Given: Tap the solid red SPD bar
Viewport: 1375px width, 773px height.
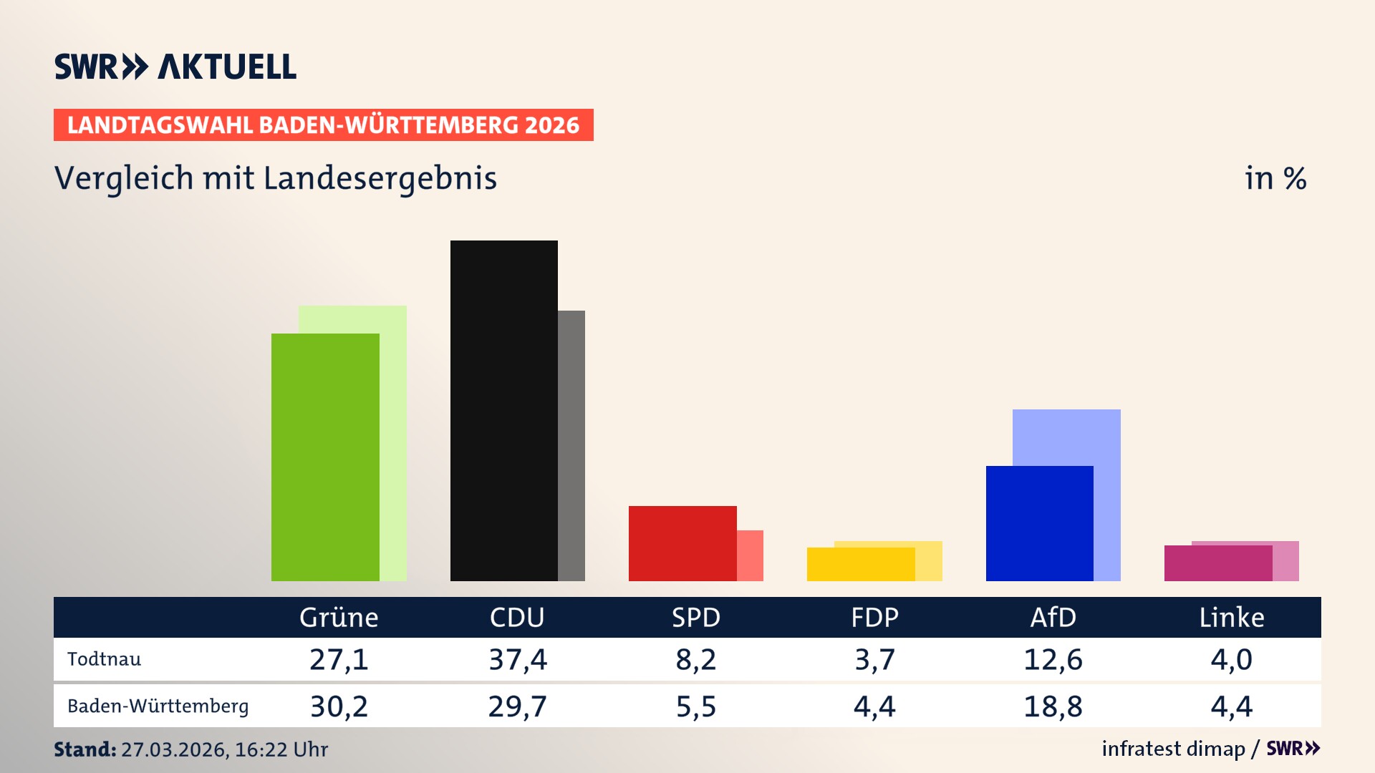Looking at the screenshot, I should (682, 543).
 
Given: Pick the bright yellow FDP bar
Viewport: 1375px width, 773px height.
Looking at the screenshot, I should (860, 564).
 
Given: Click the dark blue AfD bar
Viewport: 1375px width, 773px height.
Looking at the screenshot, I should (1039, 523).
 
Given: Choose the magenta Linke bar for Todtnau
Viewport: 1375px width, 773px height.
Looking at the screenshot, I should (1217, 563).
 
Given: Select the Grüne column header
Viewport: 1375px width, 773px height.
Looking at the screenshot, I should (339, 617).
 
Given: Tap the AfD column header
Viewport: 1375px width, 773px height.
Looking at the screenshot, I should (1053, 617).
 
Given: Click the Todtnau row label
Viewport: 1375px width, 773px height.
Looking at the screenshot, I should (104, 659).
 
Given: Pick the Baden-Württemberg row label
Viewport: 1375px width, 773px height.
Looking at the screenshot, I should (158, 706).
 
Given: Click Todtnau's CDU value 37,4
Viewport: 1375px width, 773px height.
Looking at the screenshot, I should (517, 659).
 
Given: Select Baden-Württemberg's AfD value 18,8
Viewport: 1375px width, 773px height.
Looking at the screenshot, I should (1053, 706).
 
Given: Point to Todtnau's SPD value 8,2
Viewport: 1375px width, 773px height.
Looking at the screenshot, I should (695, 659).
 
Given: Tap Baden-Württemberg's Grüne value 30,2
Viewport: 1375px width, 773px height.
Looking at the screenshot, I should (339, 706).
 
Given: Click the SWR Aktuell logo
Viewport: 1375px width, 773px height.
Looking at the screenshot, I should (175, 67).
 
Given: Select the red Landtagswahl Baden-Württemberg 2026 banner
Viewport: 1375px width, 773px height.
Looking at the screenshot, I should (323, 125).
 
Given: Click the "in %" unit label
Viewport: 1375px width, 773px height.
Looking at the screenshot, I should (1275, 179).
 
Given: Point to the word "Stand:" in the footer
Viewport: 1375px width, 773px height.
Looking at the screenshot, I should (85, 749).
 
